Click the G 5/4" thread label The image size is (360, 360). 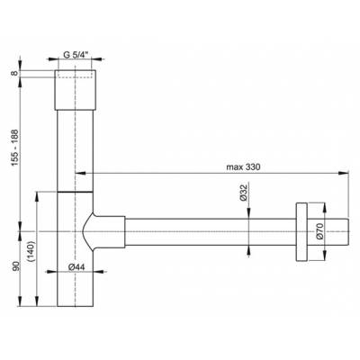(x=75, y=55)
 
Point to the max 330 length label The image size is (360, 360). (x=243, y=167)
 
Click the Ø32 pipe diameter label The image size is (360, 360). (x=243, y=193)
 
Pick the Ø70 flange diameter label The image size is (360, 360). (x=319, y=231)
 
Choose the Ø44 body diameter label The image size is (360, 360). (x=76, y=267)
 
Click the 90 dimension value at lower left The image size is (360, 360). (x=15, y=266)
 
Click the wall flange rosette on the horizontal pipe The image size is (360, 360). (x=301, y=232)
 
